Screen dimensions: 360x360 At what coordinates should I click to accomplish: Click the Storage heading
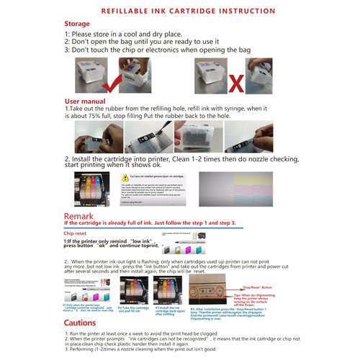point(78,23)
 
